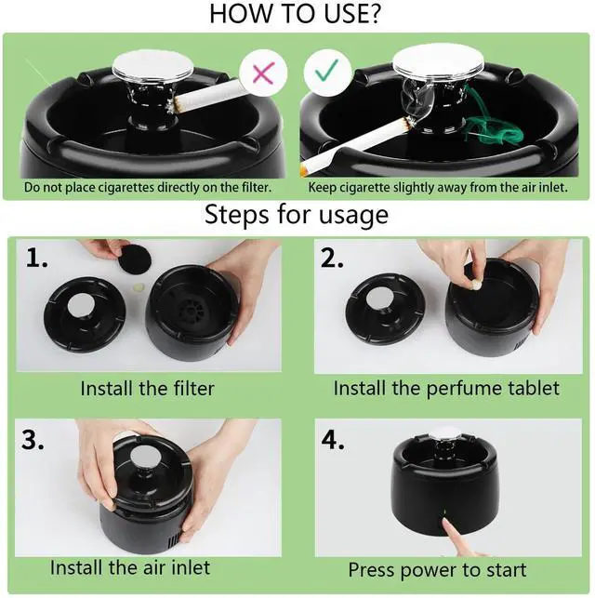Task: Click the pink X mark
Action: pos(263,73)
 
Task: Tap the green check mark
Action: pos(326,70)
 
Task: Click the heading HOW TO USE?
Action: pos(295,14)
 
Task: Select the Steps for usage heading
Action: pos(297,215)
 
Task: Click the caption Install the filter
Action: pos(148,389)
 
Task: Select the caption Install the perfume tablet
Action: pos(446,389)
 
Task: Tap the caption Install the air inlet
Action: pos(130,567)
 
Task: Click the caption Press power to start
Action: pos(437,570)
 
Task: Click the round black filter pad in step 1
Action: pos(136,259)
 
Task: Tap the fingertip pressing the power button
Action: pos(448,524)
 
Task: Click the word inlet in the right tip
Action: pos(552,187)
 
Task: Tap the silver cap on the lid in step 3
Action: pos(143,457)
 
